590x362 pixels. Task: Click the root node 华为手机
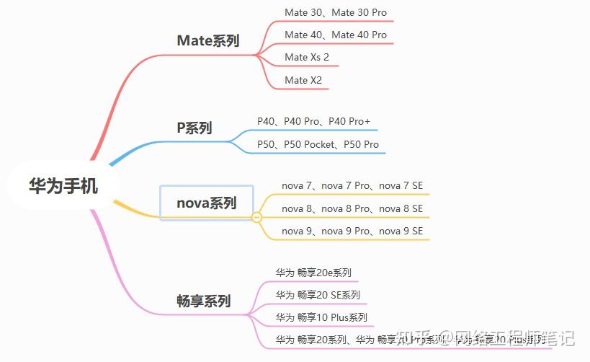point(63,185)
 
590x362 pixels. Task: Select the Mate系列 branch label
point(208,40)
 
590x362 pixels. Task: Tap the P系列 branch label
point(195,128)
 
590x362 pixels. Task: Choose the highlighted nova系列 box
point(207,203)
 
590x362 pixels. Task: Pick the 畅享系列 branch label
point(204,301)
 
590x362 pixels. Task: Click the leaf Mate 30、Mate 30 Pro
point(335,12)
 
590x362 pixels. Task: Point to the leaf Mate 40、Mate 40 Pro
point(335,35)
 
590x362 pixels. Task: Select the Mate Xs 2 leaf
point(306,57)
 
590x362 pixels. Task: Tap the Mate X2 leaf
point(303,79)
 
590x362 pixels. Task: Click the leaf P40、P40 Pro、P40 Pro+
point(313,121)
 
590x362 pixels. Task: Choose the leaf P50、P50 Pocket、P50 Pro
point(318,144)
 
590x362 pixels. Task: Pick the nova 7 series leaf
point(352,186)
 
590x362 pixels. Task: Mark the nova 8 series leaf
point(352,208)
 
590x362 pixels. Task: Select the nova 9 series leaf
point(352,231)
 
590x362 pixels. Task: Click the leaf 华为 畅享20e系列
point(313,273)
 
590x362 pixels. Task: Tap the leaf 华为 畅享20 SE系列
point(318,295)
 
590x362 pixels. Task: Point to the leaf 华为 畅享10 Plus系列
point(321,317)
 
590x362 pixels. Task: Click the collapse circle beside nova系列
point(256,216)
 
